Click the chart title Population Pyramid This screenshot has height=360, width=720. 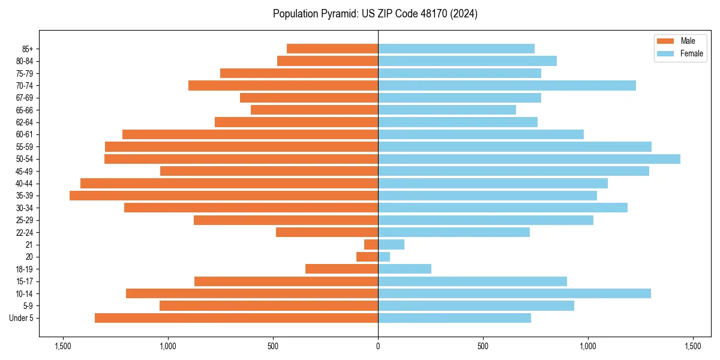(375, 14)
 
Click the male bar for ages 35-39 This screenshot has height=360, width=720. (224, 196)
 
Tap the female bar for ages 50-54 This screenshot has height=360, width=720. (529, 159)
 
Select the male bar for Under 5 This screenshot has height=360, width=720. (236, 318)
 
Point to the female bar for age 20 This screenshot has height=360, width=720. (384, 257)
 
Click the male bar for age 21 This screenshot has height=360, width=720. (371, 245)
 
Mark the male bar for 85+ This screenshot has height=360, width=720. (332, 49)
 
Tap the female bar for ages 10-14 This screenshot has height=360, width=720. (514, 293)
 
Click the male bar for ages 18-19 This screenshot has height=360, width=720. (342, 269)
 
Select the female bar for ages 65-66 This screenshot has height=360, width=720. (447, 110)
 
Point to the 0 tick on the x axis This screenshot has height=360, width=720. (378, 347)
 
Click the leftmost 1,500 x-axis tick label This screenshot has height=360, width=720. (62, 347)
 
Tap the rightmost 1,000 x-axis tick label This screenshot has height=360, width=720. (588, 347)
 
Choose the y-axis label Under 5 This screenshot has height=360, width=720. (22, 318)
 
